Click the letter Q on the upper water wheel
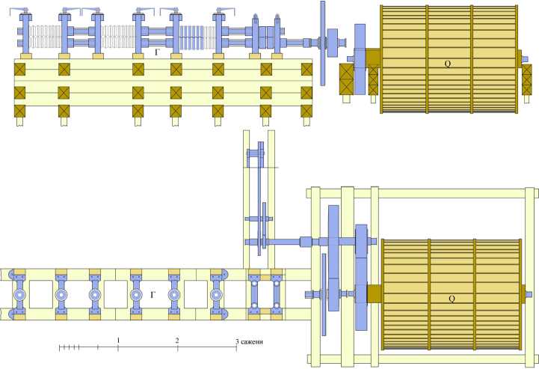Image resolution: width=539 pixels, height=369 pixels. tap(447, 64)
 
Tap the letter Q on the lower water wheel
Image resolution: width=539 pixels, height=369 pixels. tap(452, 299)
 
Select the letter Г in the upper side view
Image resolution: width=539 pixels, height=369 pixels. tap(156, 52)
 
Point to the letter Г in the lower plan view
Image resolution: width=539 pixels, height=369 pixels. tap(153, 296)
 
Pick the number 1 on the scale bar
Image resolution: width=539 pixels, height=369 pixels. tap(118, 341)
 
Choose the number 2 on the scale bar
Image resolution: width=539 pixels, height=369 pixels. tap(177, 341)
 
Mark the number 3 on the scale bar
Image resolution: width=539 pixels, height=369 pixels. tap(237, 342)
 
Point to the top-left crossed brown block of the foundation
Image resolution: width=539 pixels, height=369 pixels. tap(21, 69)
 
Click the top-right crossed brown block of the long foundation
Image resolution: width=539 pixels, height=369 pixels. tap(307, 69)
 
